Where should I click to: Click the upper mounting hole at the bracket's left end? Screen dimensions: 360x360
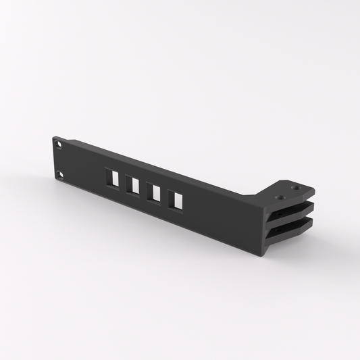[x=59, y=144]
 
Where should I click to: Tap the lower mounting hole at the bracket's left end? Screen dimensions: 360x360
[x=59, y=175]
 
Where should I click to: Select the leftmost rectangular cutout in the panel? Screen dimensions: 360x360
[x=112, y=178]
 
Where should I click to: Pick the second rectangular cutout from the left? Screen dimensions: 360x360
[x=133, y=185]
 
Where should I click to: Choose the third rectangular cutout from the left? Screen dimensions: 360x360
[x=155, y=192]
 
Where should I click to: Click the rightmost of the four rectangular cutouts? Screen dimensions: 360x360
[x=176, y=200]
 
